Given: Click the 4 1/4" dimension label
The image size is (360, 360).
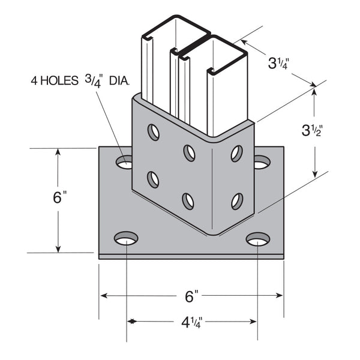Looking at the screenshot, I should coord(192,321).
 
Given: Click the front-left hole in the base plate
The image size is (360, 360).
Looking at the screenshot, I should coord(125,239).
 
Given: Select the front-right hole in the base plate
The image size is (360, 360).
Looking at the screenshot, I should coord(257,239).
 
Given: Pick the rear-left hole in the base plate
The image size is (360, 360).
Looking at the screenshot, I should coord(125,162).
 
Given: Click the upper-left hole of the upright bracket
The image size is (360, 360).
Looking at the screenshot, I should coord(154,132).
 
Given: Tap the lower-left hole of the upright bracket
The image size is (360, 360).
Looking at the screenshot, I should coord(153,179).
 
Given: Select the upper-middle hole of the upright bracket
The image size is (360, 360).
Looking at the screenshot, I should coord(189,153).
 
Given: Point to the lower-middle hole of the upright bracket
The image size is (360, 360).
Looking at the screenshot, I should coord(188,201).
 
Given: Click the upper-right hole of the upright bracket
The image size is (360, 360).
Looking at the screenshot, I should coord(237,153).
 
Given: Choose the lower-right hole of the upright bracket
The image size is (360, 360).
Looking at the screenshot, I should coord(237,201).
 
